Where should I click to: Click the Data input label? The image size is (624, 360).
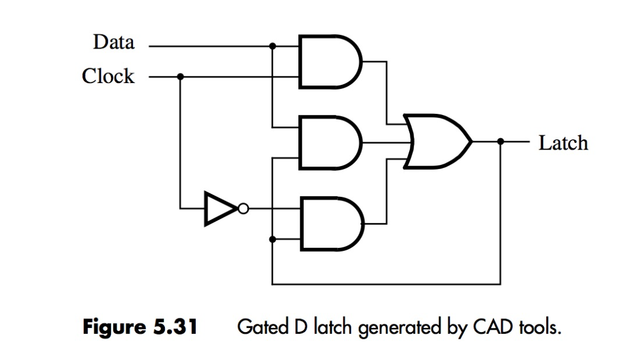coord(113,43)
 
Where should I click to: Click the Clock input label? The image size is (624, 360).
coord(108,77)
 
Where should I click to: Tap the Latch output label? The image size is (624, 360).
coord(563,143)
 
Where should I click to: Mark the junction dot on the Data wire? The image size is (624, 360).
coord(272,46)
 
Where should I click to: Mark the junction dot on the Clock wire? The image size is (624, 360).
coord(180,77)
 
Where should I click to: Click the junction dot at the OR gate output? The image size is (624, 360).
coord(501,142)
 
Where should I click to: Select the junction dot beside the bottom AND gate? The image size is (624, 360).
coord(272,240)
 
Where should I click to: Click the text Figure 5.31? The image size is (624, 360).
coord(139,327)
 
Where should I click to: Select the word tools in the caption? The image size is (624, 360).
coord(538,327)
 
